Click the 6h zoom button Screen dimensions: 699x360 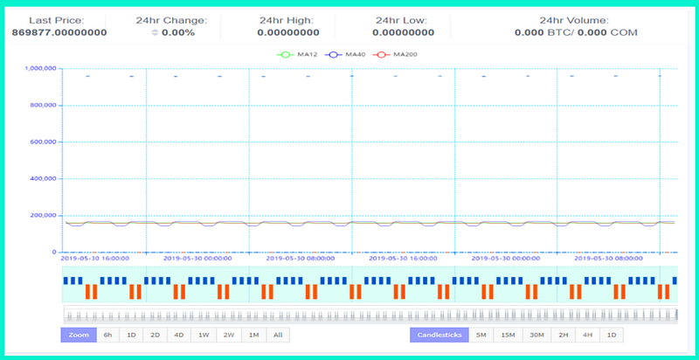(x=107, y=335)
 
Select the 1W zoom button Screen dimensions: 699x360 (x=204, y=335)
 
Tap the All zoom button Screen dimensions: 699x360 (x=278, y=335)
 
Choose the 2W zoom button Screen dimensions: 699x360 (x=229, y=335)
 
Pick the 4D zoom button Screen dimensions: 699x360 (x=179, y=335)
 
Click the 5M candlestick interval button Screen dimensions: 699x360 (x=481, y=335)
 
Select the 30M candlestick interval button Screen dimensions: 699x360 (x=536, y=335)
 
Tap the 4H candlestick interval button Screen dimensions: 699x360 (x=587, y=335)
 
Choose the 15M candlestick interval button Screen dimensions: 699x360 (x=508, y=335)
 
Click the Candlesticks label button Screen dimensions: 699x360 (x=439, y=335)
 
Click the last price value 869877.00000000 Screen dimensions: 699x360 (x=59, y=32)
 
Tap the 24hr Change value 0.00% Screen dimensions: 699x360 (x=178, y=32)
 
